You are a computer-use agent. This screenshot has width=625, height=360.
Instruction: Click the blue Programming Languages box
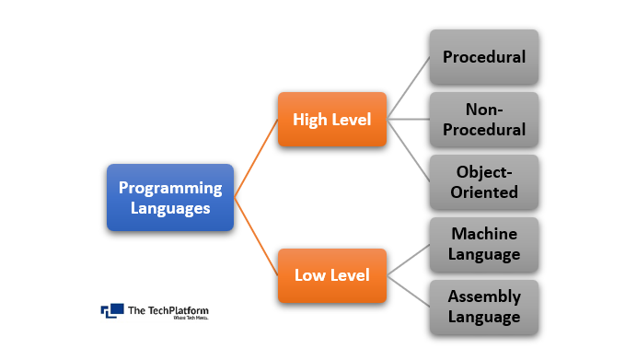pyautogui.click(x=170, y=198)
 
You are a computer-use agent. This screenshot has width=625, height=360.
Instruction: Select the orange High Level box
pyautogui.click(x=332, y=119)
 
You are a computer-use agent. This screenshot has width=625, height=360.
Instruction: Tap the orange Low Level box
pyautogui.click(x=332, y=274)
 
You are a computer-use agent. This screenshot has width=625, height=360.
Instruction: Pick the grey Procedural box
pyautogui.click(x=484, y=57)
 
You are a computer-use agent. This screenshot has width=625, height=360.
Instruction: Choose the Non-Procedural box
pyautogui.click(x=484, y=119)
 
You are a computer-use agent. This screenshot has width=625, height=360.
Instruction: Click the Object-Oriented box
pyautogui.click(x=484, y=181)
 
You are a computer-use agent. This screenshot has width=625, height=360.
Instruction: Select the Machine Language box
pyautogui.click(x=484, y=244)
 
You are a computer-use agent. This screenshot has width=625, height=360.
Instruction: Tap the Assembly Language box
pyautogui.click(x=484, y=307)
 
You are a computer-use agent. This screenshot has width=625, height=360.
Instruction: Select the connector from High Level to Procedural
pyautogui.click(x=409, y=88)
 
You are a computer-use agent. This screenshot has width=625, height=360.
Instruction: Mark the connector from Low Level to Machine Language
pyautogui.click(x=409, y=260)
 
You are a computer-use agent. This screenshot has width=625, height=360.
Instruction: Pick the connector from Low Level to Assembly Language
pyautogui.click(x=409, y=291)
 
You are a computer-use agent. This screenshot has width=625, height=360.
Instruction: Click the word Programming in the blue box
pyautogui.click(x=170, y=188)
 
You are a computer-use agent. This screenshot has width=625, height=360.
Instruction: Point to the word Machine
pyautogui.click(x=484, y=234)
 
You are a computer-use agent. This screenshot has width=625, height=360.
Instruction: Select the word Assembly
pyautogui.click(x=484, y=296)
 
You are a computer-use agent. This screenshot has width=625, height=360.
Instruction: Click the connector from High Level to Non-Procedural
pyautogui.click(x=409, y=119)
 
